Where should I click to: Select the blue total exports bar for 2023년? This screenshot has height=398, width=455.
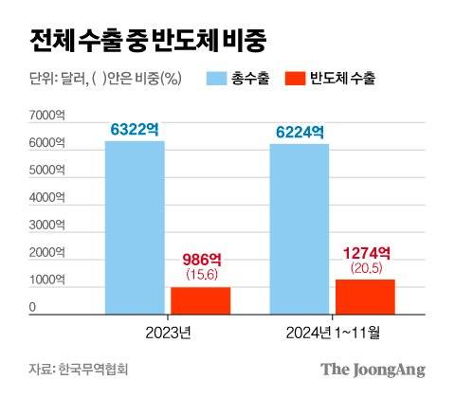pos(135,227)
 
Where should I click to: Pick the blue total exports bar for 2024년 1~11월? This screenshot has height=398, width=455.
pos(300,228)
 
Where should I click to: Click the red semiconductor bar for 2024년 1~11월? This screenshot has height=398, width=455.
pos(365,296)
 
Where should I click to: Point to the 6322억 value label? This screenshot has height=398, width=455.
pos(135,129)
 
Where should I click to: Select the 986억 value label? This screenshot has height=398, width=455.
pos(200,257)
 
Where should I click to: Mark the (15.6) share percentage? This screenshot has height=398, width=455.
pos(200,273)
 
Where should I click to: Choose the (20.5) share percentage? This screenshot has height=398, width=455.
pos(365,267)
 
